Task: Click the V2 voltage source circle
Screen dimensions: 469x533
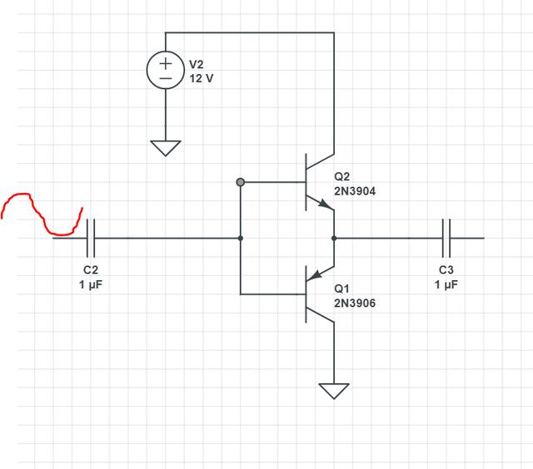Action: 166,72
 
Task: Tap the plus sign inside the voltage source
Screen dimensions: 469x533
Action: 166,63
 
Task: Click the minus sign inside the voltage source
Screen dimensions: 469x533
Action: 166,79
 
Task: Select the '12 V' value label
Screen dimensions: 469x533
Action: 202,78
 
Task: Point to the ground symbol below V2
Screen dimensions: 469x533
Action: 166,147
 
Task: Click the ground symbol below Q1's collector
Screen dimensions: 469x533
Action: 334,390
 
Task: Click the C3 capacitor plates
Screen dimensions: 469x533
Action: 446,238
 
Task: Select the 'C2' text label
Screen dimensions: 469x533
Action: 91,270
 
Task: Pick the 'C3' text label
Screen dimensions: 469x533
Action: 446,270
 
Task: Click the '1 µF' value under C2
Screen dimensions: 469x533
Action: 91,284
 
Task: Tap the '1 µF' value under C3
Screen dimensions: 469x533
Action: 446,284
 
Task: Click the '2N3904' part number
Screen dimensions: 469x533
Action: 355,191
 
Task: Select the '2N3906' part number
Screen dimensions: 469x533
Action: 355,304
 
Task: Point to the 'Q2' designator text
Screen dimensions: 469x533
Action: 342,177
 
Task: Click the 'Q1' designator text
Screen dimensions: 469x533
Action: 341,289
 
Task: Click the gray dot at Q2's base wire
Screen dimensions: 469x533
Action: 241,181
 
